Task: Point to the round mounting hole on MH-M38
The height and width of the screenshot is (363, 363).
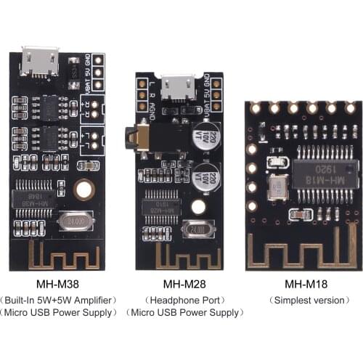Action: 83,190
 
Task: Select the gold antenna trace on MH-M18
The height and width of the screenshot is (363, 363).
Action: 301,247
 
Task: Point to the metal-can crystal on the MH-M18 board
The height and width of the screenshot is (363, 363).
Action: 277,188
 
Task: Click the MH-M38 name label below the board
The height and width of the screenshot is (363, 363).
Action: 57,284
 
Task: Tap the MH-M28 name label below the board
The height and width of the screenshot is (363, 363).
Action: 181,284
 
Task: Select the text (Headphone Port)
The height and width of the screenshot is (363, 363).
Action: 181,300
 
